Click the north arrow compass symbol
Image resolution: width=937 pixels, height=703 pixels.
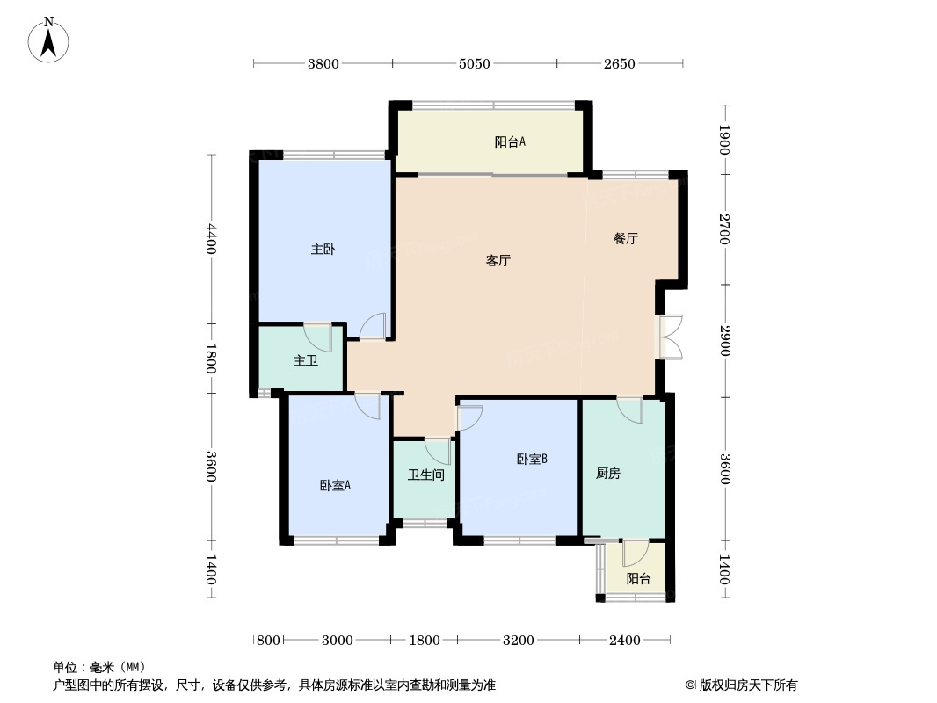pos(48,40)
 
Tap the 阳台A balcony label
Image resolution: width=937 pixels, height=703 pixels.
pos(510,142)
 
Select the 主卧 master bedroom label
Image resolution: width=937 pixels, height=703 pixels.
pos(323,249)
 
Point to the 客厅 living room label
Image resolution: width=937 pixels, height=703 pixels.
pos(498,260)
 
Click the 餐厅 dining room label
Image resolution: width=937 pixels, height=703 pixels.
pos(626,238)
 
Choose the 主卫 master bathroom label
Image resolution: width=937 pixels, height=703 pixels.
pos(305,360)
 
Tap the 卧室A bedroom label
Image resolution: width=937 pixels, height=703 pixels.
pos(335,486)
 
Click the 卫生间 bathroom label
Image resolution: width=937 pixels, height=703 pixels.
pos(426,475)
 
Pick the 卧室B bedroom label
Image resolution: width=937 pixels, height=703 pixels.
pos(532,459)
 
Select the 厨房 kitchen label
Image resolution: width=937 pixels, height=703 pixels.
pos(607,474)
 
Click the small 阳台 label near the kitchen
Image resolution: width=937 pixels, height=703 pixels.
pos(638,579)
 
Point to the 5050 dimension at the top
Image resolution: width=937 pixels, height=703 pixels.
pos(475,63)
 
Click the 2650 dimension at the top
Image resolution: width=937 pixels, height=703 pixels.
pos(619,63)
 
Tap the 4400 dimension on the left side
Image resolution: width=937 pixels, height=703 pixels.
pos(210,239)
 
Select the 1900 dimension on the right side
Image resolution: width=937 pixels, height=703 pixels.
pos(724,140)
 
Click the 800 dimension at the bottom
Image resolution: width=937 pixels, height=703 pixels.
pos(268,641)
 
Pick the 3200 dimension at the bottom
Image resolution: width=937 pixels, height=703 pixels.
pos(518,641)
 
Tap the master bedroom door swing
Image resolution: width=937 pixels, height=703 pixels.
pos(373,326)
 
